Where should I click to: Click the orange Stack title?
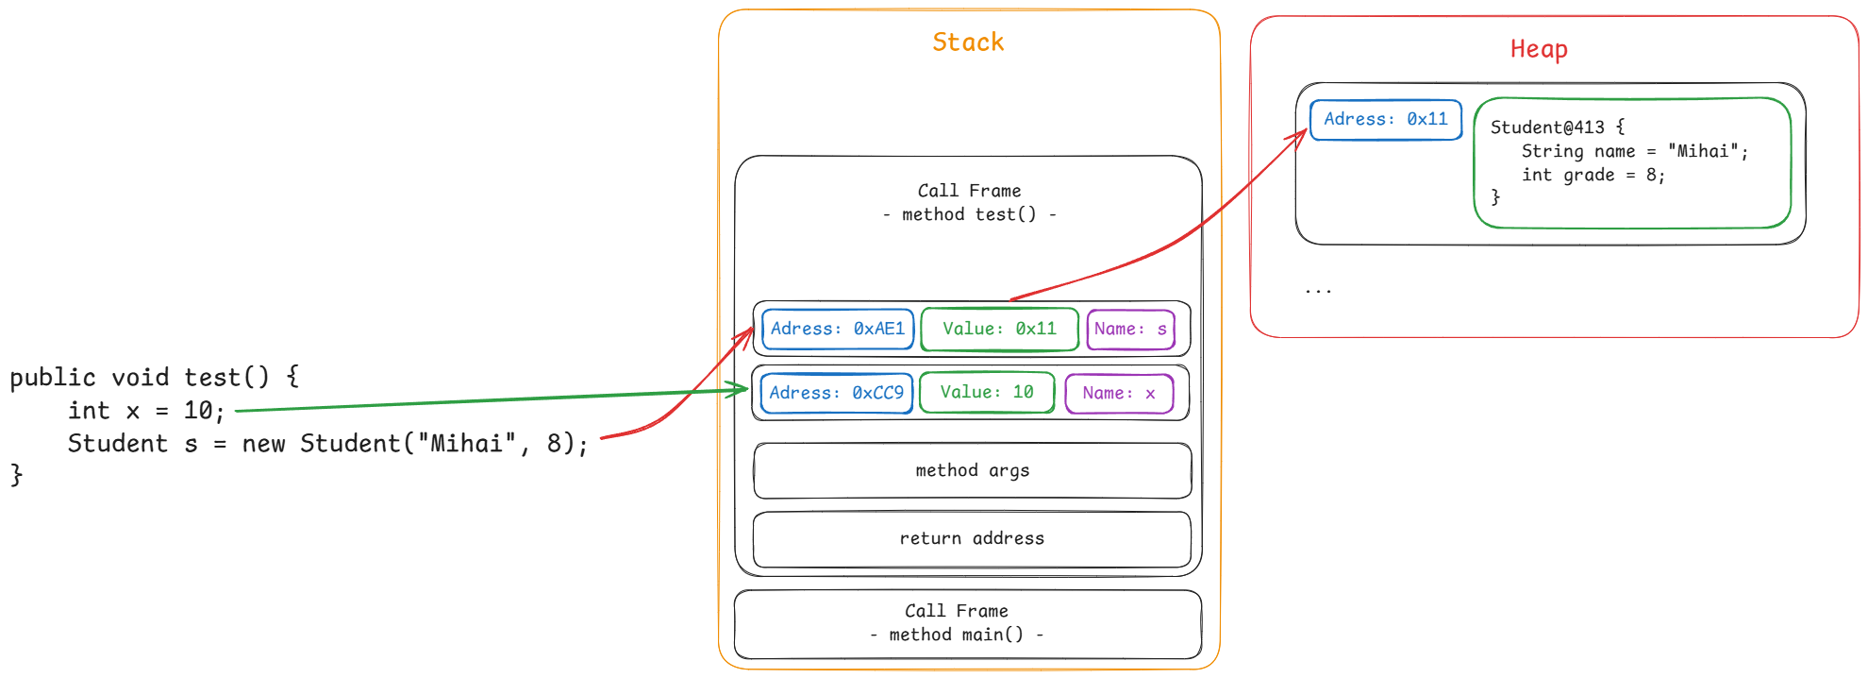968,42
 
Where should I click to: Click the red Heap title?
1539,49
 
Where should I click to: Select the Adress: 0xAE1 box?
838,329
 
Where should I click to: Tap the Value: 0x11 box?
999,329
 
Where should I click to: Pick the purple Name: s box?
1130,330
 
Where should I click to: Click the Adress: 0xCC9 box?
836,393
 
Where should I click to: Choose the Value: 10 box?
987,392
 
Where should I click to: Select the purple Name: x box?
1119,393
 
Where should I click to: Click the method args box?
972,470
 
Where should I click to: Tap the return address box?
972,538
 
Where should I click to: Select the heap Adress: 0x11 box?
1385,119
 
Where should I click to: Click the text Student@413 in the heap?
1547,127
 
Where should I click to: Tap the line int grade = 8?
1593,175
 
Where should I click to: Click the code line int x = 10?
146,411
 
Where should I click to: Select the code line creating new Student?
327,444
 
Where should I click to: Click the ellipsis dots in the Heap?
1318,291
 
